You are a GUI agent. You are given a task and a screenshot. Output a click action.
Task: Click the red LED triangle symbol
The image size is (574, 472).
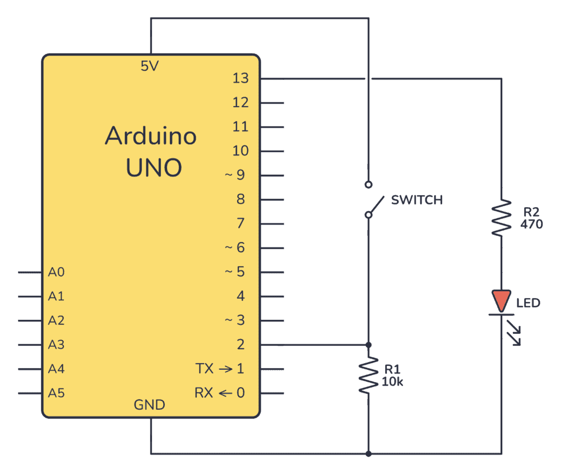pyautogui.click(x=501, y=299)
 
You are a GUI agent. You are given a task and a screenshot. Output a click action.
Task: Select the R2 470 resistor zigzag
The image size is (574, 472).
pyautogui.click(x=501, y=217)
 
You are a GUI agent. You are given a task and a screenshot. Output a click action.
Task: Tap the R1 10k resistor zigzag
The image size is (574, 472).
pyautogui.click(x=368, y=375)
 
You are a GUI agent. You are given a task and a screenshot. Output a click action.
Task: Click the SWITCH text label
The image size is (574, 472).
pyautogui.click(x=416, y=200)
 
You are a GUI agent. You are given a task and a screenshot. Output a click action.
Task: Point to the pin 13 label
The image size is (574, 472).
pyautogui.click(x=240, y=79)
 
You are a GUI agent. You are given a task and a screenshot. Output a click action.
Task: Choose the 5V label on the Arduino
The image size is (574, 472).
pyautogui.click(x=150, y=66)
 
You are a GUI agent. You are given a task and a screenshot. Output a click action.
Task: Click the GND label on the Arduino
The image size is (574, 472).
pyautogui.click(x=150, y=405)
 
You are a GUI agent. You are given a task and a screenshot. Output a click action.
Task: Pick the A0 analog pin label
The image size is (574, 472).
pyautogui.click(x=56, y=272)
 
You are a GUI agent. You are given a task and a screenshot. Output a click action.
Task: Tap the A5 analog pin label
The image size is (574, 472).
pyautogui.click(x=56, y=393)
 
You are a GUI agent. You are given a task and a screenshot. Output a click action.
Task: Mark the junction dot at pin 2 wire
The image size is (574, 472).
pyautogui.click(x=368, y=344)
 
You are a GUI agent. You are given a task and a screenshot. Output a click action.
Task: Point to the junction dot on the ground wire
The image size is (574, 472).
pyautogui.click(x=368, y=453)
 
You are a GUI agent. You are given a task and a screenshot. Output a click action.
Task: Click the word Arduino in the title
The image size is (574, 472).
pyautogui.click(x=151, y=136)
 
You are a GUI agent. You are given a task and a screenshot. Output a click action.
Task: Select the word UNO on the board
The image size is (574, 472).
pyautogui.click(x=154, y=167)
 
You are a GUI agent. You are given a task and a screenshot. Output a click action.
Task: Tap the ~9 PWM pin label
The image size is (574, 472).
pyautogui.click(x=235, y=175)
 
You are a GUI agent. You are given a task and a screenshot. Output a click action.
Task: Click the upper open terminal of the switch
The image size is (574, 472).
pyautogui.click(x=368, y=184)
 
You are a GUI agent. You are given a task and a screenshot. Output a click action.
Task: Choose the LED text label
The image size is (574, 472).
pyautogui.click(x=528, y=303)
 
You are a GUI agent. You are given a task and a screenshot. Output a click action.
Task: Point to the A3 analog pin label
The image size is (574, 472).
pyautogui.click(x=56, y=345)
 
